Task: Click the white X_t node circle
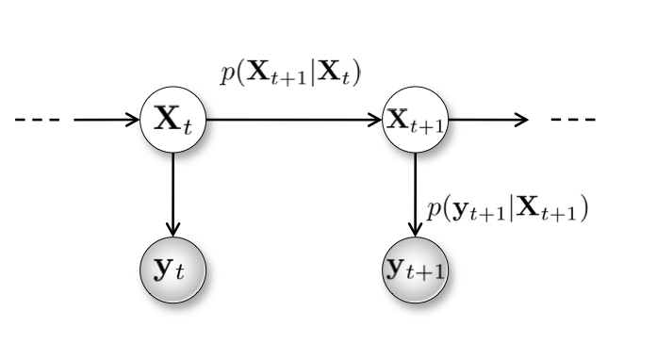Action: point(172,121)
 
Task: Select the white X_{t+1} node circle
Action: point(416,121)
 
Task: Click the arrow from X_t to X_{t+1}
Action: point(292,121)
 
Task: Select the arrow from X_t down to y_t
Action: point(172,193)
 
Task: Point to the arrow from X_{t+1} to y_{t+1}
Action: point(416,193)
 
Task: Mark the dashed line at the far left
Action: point(37,121)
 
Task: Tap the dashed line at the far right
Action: point(573,121)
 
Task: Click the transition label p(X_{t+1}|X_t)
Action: point(291,75)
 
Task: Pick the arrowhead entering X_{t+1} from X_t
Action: point(378,121)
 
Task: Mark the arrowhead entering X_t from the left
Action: point(135,121)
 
